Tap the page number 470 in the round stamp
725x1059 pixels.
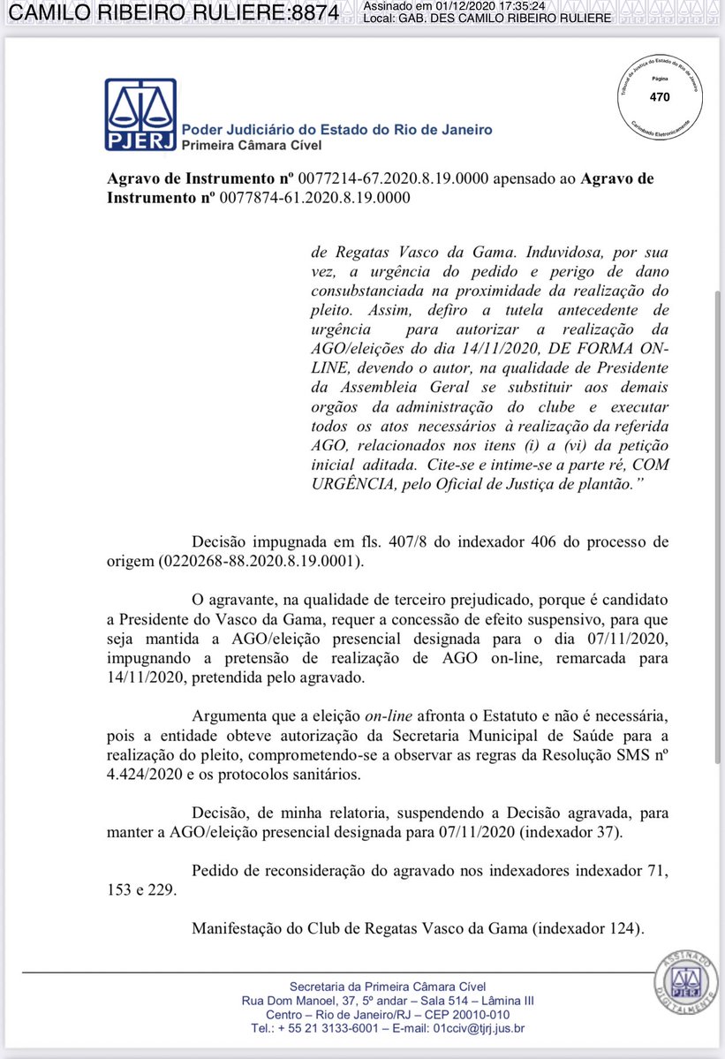[x=659, y=97]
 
